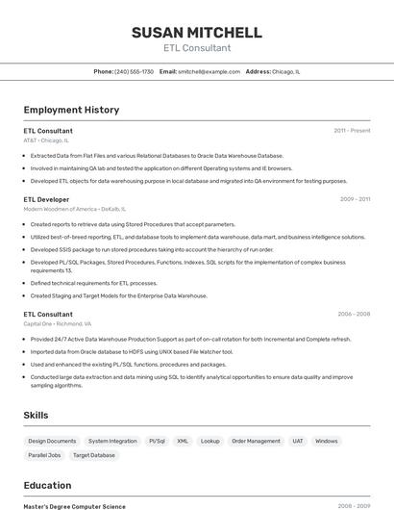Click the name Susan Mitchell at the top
click(196, 32)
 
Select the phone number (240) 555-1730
click(134, 71)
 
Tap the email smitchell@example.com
click(209, 71)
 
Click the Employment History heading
click(71, 110)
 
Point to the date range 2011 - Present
click(352, 130)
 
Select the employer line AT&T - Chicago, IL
click(46, 140)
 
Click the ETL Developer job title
click(46, 199)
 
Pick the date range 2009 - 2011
click(355, 199)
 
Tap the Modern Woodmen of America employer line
click(74, 209)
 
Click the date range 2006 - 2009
click(354, 314)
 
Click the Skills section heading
click(37, 415)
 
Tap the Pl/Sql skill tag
click(157, 441)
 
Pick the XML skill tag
click(183, 441)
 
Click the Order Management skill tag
click(256, 441)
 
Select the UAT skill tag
click(298, 441)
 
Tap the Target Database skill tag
click(94, 455)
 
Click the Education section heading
click(47, 485)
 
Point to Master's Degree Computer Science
click(74, 506)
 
